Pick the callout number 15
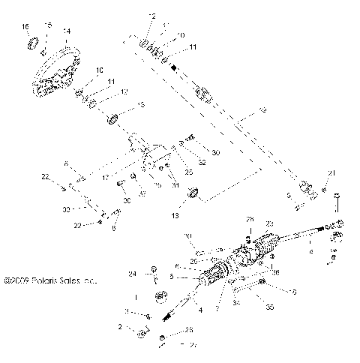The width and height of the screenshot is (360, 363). coord(49,26)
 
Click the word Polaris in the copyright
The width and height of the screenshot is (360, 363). coord(49,282)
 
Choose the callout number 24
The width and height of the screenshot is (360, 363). coord(131,273)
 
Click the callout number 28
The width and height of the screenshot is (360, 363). coord(251,218)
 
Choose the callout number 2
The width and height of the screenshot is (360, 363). coord(120,327)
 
